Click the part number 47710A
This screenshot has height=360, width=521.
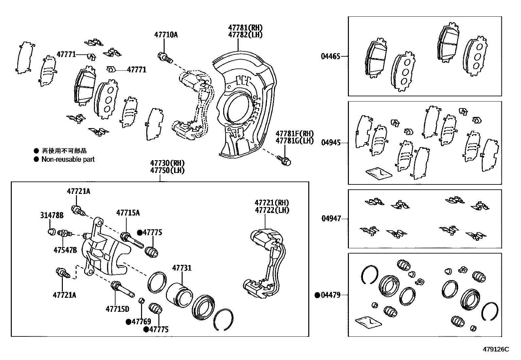[x=166, y=34]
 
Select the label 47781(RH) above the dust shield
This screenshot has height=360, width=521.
[x=245, y=28]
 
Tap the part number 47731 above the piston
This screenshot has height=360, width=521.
[x=182, y=268]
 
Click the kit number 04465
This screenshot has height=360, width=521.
[x=331, y=56]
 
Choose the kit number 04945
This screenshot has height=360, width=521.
[x=331, y=142]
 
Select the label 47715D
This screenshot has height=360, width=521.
[x=117, y=309]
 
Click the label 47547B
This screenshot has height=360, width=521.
[x=65, y=250]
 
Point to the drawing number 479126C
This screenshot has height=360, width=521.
[x=496, y=349]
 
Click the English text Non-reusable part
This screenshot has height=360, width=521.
[x=68, y=159]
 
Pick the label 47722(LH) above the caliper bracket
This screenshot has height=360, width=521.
[x=272, y=210]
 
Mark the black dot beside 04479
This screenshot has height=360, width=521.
[x=317, y=295]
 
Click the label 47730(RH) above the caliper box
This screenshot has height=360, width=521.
[x=167, y=163]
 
